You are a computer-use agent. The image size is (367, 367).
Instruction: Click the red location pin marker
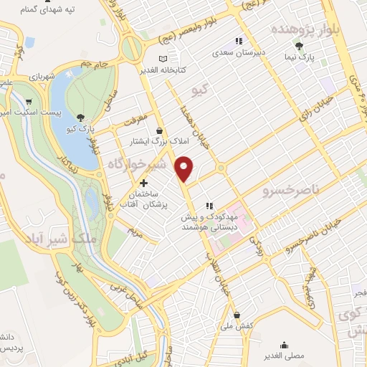185,168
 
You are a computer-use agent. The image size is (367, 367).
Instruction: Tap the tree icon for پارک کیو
80,118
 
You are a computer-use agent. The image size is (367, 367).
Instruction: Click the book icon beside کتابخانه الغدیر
163,58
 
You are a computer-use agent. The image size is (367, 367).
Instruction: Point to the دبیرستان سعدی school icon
238,42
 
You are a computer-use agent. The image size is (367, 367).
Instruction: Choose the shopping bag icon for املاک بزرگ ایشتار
159,132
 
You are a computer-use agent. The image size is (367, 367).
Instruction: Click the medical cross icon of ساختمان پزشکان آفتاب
144,183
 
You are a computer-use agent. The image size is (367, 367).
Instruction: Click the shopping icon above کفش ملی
237,315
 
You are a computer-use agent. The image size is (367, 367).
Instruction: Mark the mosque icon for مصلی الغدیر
285,344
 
